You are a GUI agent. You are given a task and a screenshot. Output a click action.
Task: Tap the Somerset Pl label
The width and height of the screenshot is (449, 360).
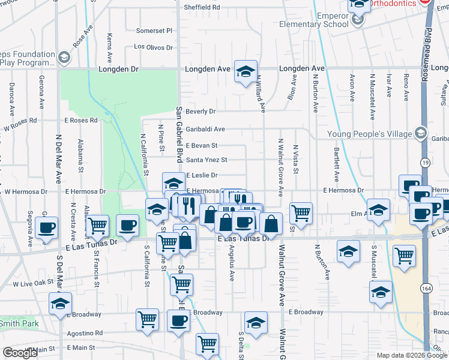pos(154,31)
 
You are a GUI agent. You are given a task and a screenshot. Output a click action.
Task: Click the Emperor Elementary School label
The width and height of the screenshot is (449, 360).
pos(313,20)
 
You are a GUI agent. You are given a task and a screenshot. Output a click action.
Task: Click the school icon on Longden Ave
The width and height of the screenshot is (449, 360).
pos(246,71)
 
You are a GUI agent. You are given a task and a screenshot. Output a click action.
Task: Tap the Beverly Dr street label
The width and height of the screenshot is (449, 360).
pos(200,112)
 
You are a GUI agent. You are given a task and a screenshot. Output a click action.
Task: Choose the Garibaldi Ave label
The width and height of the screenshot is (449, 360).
pos(205,129)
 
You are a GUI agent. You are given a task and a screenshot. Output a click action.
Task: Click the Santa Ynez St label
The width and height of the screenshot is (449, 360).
pos(206,160)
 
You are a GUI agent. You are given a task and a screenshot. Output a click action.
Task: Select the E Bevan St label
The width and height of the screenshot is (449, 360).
pos(201,145)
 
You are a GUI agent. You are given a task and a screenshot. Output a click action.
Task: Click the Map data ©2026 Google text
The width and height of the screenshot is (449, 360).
pos(412,355)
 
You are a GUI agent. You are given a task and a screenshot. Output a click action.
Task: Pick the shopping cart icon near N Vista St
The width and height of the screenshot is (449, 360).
pos(300,212)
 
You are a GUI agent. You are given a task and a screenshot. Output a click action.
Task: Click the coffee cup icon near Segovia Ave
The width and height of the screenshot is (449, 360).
pos(47,227)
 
